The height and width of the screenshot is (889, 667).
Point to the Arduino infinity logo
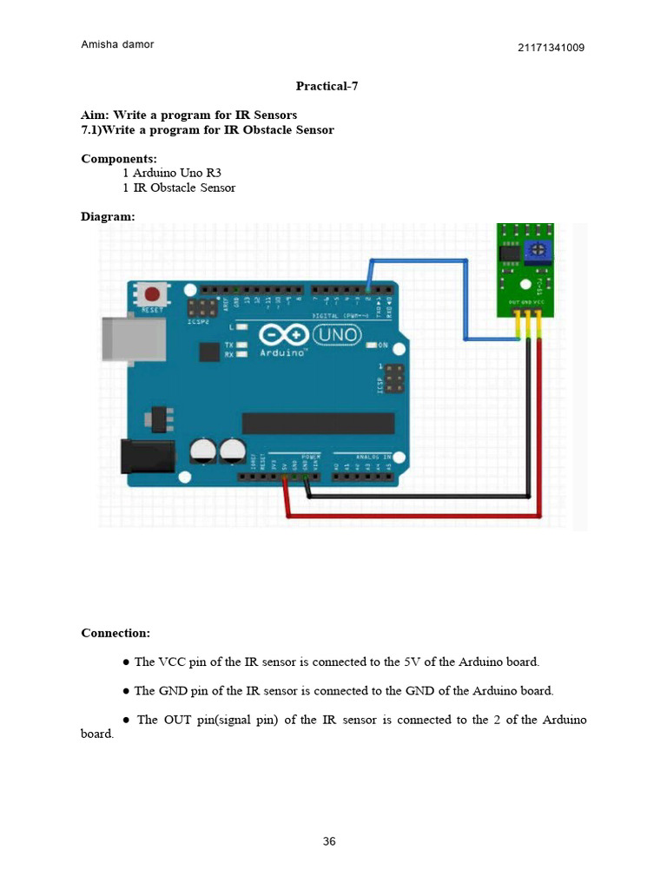pos(283,335)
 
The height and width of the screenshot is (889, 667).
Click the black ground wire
pos(417,497)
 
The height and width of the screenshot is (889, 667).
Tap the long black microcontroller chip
pos(318,423)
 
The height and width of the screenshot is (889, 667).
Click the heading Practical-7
pos(327,86)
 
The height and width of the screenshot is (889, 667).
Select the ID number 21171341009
pos(551,48)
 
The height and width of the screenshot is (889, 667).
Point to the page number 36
pos(329,841)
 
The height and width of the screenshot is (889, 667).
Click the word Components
pos(118,159)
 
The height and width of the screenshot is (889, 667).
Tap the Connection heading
pos(115,633)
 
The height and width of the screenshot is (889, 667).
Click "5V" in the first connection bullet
pos(413,662)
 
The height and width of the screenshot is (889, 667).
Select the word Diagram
pos(107,216)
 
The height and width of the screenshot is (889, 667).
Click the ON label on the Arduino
pos(384,346)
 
